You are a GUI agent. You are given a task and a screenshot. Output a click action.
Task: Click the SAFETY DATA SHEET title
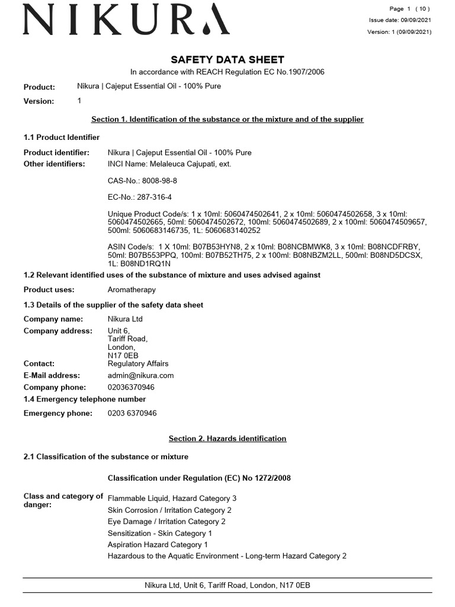click(227, 59)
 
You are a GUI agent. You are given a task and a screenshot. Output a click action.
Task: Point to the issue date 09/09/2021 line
click(400, 20)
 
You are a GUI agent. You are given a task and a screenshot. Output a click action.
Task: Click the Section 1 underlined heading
click(227, 119)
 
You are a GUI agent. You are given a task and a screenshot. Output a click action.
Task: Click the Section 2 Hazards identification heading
click(227, 439)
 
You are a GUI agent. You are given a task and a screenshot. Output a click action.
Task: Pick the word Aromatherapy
click(132, 290)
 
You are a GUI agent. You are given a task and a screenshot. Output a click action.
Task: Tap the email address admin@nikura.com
click(141, 375)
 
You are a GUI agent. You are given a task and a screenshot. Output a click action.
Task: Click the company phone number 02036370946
click(131, 387)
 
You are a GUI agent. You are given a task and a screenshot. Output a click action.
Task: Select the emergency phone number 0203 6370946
click(132, 413)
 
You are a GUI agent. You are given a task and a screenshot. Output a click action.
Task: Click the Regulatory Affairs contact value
click(138, 363)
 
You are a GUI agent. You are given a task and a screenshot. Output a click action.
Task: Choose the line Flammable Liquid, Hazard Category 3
click(172, 499)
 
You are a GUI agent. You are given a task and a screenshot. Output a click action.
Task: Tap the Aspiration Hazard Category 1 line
click(158, 544)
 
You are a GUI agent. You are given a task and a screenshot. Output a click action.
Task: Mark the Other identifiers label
click(54, 164)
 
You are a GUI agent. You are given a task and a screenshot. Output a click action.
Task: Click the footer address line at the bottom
click(227, 585)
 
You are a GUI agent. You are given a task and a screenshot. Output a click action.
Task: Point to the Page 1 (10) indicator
click(409, 8)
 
